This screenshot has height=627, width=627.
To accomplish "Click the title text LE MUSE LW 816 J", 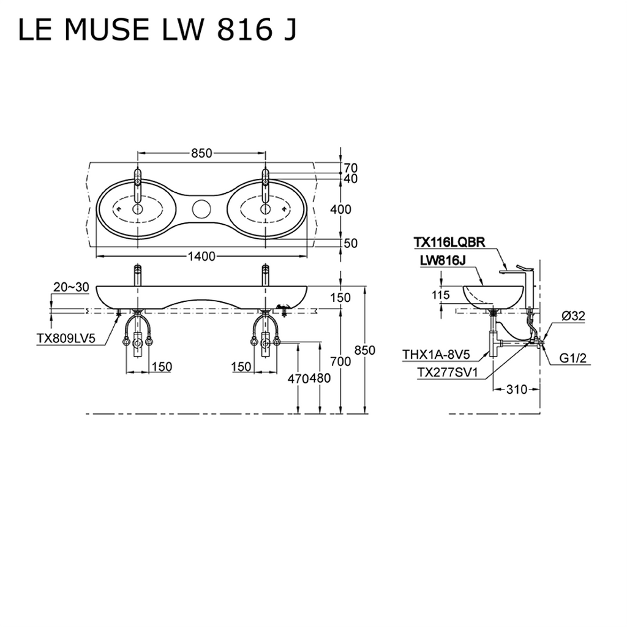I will (x=157, y=31).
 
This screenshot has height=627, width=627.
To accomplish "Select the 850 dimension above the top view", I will (x=201, y=154).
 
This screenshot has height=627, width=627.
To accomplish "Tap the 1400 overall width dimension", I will (x=201, y=256).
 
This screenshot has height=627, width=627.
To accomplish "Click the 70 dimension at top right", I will (x=350, y=167).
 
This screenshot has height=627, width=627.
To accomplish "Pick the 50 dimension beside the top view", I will (x=350, y=243).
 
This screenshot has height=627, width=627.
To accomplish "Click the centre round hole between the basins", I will (x=201, y=209).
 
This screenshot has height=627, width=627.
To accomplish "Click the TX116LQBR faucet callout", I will (x=449, y=242).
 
